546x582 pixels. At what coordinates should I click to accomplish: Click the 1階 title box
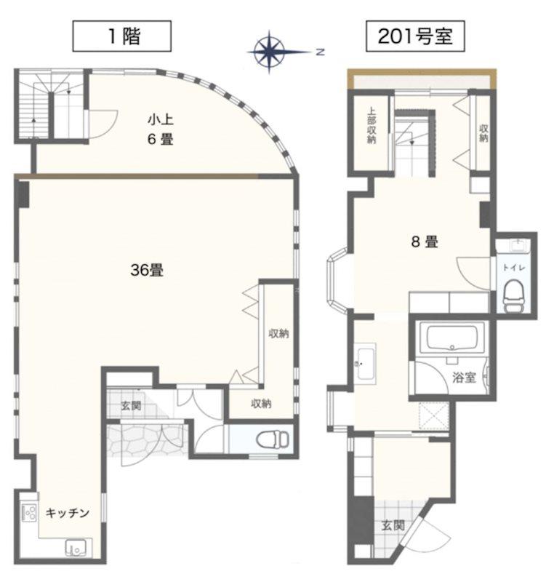tap(121, 36)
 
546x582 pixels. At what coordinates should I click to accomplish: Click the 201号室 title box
tap(415, 36)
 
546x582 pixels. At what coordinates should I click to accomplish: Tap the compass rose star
tap(270, 52)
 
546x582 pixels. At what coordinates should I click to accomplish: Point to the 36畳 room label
tap(147, 270)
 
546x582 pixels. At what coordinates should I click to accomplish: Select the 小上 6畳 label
tap(161, 129)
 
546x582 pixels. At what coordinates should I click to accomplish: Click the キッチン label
tap(68, 513)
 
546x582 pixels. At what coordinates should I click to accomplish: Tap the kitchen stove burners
tap(29, 512)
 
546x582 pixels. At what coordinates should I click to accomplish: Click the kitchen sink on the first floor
tap(76, 548)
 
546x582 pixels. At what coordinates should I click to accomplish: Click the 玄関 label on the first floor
tap(132, 405)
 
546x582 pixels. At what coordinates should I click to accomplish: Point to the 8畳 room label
tap(425, 242)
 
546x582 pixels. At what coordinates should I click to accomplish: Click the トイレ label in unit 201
tap(514, 267)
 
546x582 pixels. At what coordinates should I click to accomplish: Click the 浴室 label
tap(464, 378)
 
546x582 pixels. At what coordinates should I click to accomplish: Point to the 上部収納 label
tap(372, 125)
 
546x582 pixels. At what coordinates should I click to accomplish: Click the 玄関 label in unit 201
tap(393, 525)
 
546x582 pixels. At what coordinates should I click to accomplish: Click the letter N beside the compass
tap(320, 52)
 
